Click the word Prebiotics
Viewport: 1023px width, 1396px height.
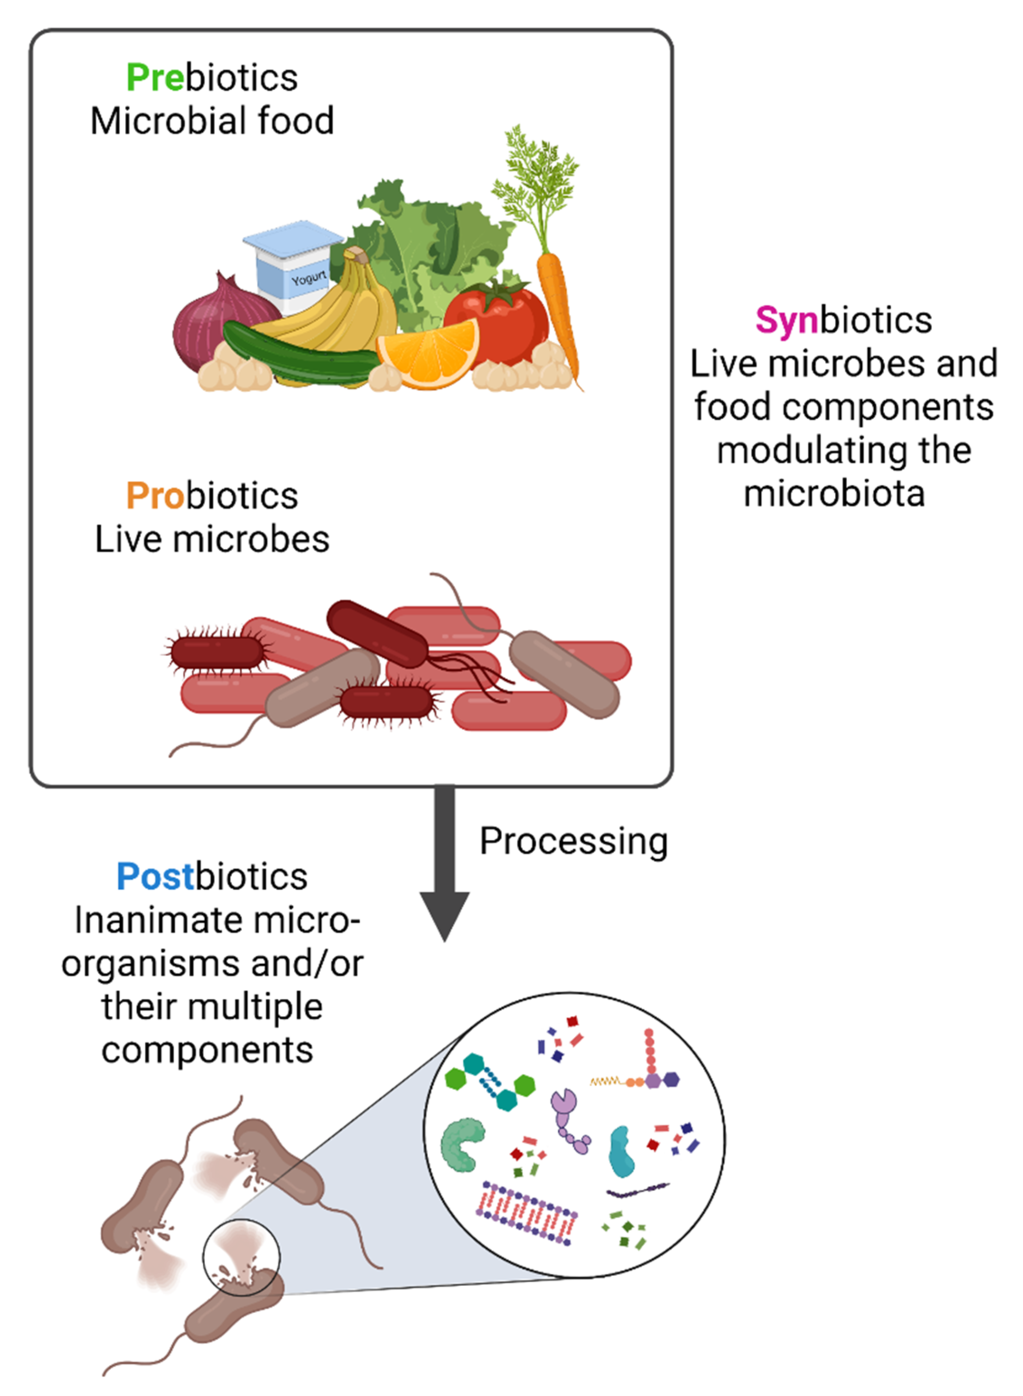tap(212, 78)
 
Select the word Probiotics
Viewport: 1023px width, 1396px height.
tap(212, 496)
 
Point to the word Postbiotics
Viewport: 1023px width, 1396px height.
tap(212, 876)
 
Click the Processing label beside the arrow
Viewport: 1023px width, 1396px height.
tap(573, 841)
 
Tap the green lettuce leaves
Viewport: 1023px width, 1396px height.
tap(427, 248)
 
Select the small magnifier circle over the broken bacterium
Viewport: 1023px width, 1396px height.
tap(242, 1257)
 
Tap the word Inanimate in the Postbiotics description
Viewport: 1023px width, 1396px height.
tap(145, 920)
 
